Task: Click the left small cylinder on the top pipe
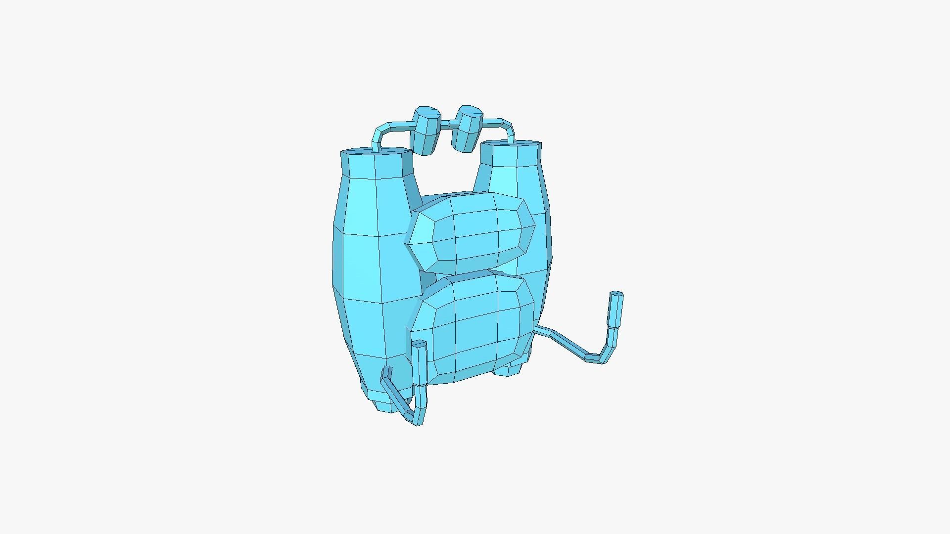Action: click(x=426, y=131)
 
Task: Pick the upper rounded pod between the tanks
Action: click(x=470, y=231)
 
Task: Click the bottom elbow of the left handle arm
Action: click(x=416, y=419)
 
